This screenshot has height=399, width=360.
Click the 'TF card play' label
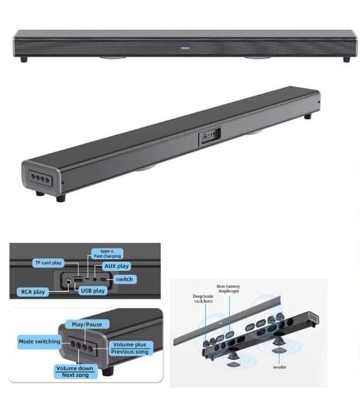click(x=48, y=262)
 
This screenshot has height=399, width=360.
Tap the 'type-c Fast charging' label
click(x=107, y=254)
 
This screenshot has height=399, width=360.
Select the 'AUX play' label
click(x=116, y=266)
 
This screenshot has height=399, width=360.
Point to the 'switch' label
click(x=124, y=279)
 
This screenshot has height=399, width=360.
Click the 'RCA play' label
click(x=33, y=292)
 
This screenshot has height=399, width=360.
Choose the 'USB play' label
click(x=93, y=291)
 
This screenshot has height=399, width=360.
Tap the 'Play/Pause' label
click(x=87, y=325)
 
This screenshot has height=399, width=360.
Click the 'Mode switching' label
click(x=39, y=341)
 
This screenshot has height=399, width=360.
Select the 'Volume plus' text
click(x=130, y=345)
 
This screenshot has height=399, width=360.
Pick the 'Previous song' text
click(x=130, y=352)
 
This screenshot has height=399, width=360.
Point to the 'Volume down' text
click(x=74, y=368)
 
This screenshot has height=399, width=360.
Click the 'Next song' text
click(x=75, y=375)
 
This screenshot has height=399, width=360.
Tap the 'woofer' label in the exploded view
click(x=279, y=367)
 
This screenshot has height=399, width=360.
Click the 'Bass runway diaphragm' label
click(x=229, y=289)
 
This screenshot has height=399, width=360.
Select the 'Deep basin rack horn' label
click(x=203, y=298)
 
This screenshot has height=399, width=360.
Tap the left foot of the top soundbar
click(x=23, y=59)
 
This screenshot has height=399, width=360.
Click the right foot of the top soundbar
click(x=347, y=59)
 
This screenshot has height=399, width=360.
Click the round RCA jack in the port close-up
click(x=68, y=282)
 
